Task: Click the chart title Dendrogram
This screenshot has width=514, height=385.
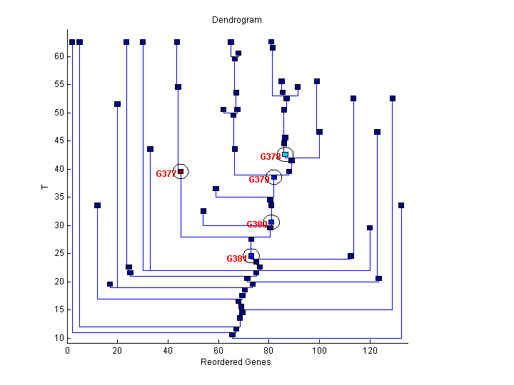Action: (236, 20)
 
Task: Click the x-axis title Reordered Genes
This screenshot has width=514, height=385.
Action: (236, 362)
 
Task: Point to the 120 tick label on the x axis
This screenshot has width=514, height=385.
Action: (370, 351)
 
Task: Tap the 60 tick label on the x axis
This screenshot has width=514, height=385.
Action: (218, 351)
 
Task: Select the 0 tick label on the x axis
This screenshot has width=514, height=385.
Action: (67, 351)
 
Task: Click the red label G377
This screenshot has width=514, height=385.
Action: (166, 174)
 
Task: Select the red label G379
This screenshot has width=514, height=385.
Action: (258, 180)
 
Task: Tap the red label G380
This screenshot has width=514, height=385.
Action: (256, 225)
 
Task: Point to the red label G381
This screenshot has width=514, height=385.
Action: (236, 259)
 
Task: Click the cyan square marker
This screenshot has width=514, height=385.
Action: (285, 154)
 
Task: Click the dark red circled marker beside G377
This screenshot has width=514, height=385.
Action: (181, 171)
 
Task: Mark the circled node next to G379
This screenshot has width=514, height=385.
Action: (274, 178)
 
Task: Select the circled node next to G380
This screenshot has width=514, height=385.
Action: (271, 222)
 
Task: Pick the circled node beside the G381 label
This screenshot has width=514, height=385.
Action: (251, 256)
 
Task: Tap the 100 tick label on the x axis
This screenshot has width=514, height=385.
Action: (319, 351)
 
